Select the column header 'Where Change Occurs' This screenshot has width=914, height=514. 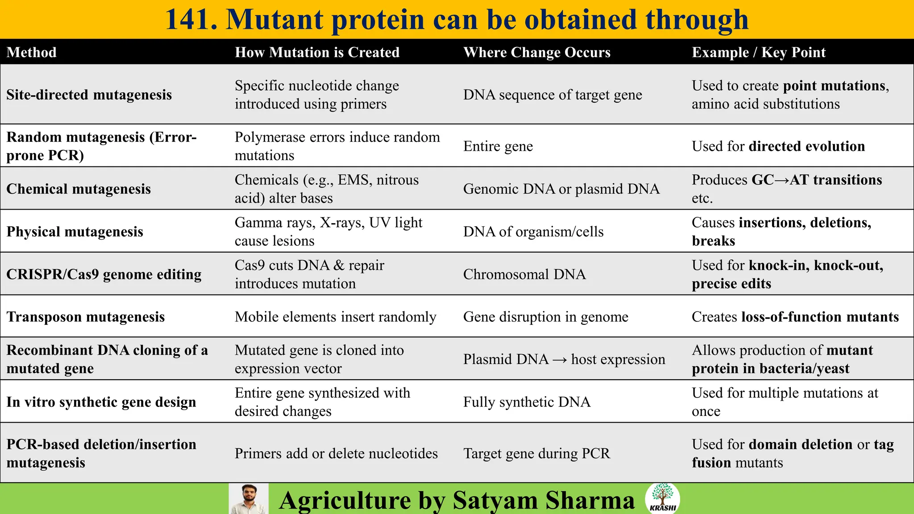[x=537, y=52]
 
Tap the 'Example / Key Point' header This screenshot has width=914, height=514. [x=759, y=52]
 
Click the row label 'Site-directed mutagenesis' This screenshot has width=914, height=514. [x=89, y=95]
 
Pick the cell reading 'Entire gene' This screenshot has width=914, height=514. [x=498, y=146]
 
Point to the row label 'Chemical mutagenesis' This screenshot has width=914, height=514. [x=79, y=189]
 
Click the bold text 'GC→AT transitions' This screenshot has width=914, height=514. [x=817, y=180]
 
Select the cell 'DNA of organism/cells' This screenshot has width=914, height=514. [x=533, y=232]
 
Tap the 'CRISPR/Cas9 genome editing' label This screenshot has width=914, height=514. [x=104, y=274]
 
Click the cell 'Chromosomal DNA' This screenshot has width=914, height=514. [x=524, y=274]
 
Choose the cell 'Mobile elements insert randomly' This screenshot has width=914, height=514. [x=336, y=317]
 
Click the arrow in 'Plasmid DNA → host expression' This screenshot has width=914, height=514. [x=560, y=360]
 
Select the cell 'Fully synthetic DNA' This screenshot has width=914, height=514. [x=527, y=402]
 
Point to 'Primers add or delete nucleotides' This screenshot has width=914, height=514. [x=336, y=453]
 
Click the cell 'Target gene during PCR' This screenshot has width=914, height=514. [x=536, y=453]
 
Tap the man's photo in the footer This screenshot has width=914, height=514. [x=249, y=499]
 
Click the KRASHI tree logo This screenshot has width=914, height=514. [x=662, y=497]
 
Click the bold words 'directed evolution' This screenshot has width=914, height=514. [x=807, y=146]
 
